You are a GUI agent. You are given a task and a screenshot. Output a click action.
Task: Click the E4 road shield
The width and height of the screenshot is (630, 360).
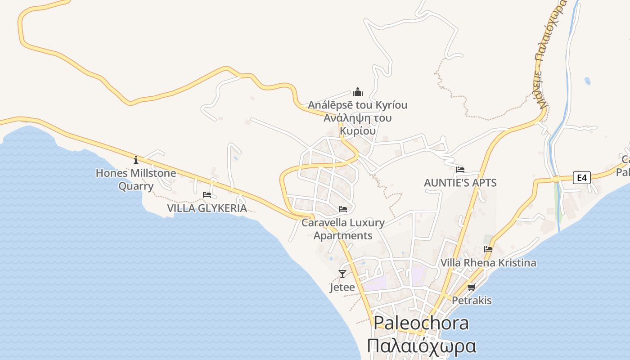click(582, 178)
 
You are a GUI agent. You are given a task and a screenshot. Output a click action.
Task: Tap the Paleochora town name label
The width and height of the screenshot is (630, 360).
click(421, 323)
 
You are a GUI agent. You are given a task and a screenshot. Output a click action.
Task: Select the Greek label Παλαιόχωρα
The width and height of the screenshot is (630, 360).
click(421, 346)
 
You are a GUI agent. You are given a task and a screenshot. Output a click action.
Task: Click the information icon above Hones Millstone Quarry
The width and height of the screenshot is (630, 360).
click(136, 160)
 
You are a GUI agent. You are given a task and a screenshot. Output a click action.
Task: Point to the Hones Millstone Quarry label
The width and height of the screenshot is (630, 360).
click(136, 179)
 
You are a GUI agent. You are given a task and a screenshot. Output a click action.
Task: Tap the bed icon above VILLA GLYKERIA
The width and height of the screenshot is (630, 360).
click(207, 195)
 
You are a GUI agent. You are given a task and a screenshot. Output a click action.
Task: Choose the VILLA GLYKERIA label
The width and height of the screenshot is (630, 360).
click(207, 208)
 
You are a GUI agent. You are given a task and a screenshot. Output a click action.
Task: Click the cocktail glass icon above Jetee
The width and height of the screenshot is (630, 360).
click(342, 274)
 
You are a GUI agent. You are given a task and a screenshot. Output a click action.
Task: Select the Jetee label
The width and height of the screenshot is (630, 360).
click(342, 287)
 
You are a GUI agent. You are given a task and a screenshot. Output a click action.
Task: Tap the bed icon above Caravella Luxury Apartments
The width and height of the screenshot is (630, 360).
click(343, 209)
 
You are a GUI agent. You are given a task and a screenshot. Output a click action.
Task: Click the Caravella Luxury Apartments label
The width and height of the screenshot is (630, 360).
click(343, 229)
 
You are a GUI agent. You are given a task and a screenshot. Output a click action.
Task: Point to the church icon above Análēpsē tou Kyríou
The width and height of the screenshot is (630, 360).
click(358, 92)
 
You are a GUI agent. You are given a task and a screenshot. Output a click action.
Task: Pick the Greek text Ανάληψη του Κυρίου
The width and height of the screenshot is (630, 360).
click(358, 124)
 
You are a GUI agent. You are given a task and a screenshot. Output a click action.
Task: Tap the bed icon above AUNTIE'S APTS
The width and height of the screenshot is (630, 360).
click(460, 170)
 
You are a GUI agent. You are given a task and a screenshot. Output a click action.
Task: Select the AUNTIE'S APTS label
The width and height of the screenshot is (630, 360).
click(460, 183)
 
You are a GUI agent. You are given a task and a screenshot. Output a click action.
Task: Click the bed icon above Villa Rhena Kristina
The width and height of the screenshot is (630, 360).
click(488, 249)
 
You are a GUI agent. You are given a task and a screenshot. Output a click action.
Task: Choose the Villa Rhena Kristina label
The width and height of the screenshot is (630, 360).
click(488, 263)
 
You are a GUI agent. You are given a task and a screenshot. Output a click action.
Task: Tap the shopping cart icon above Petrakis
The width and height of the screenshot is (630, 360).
click(471, 287)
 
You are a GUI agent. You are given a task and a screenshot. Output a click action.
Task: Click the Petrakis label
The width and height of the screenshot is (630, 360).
click(472, 300)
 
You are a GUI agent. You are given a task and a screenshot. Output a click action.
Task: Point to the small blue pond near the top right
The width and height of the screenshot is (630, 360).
click(588, 81)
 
